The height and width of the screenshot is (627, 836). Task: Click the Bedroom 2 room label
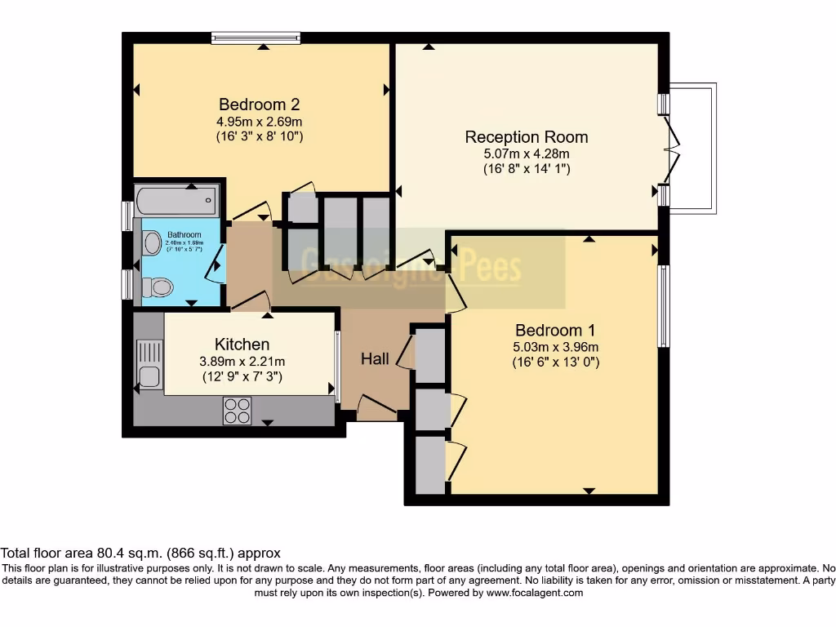pos(259,104)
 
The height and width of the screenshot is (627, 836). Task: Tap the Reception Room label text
pos(526,136)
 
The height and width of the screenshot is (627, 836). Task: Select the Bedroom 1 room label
pos(554,331)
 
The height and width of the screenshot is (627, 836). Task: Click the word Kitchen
pos(242,344)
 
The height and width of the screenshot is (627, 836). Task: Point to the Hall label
pos(375,358)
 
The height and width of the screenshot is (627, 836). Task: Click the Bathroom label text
pos(184,235)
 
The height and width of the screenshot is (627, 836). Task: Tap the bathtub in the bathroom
pos(177,198)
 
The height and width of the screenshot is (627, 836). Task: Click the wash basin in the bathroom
pos(152,242)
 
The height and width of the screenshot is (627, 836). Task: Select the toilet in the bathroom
pos(157,287)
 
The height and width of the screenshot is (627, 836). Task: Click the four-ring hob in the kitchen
pos(237,411)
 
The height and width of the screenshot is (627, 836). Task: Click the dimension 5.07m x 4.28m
pos(526,153)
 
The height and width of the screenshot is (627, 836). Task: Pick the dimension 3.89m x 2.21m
pos(242,362)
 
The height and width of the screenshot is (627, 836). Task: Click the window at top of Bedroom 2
pos(256,38)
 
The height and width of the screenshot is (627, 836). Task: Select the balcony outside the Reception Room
pos(694,147)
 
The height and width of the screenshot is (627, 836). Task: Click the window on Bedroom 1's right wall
pos(664,306)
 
